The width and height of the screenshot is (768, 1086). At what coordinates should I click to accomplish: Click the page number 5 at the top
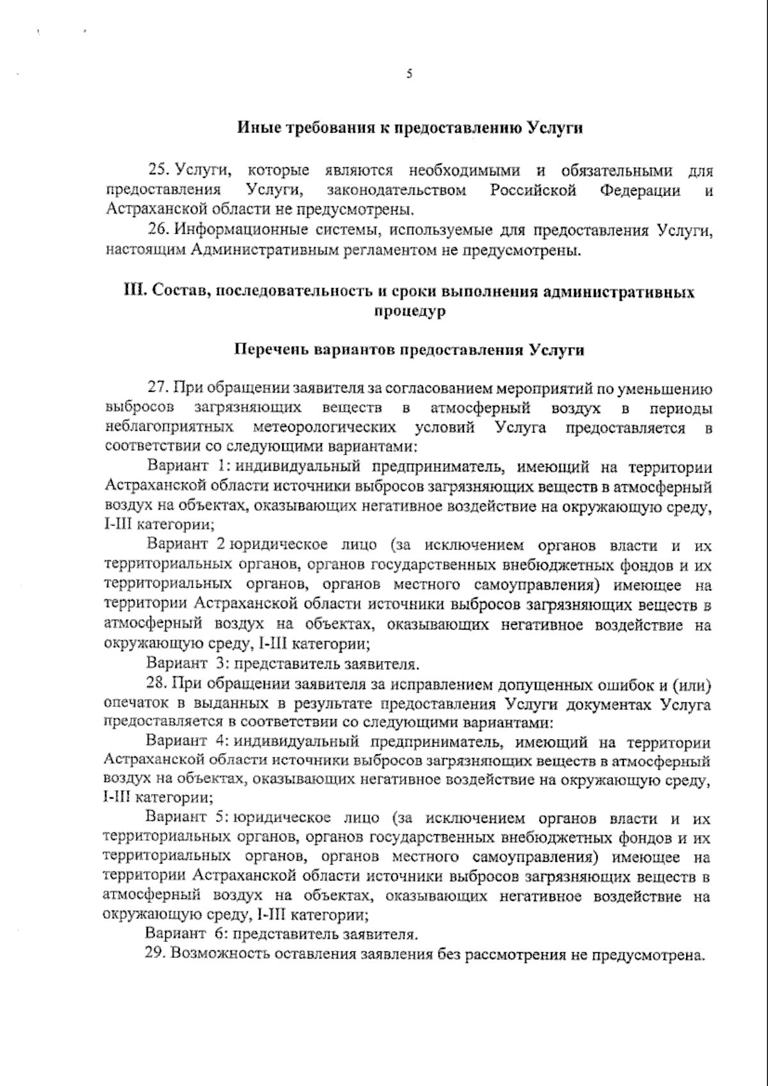click(x=409, y=74)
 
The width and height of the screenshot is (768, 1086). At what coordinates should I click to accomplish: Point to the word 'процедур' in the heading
click(x=408, y=311)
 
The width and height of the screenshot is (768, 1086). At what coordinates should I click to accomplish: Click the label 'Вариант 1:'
click(x=185, y=467)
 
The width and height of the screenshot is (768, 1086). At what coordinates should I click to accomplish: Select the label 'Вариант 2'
click(x=185, y=546)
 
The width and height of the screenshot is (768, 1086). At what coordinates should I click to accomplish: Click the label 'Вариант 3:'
click(x=185, y=663)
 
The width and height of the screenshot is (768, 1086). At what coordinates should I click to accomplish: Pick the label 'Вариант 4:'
click(x=185, y=742)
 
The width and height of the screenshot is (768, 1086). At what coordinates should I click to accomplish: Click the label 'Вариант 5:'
click(x=185, y=819)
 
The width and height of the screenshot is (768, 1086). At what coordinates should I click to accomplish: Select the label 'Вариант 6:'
click(x=185, y=936)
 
